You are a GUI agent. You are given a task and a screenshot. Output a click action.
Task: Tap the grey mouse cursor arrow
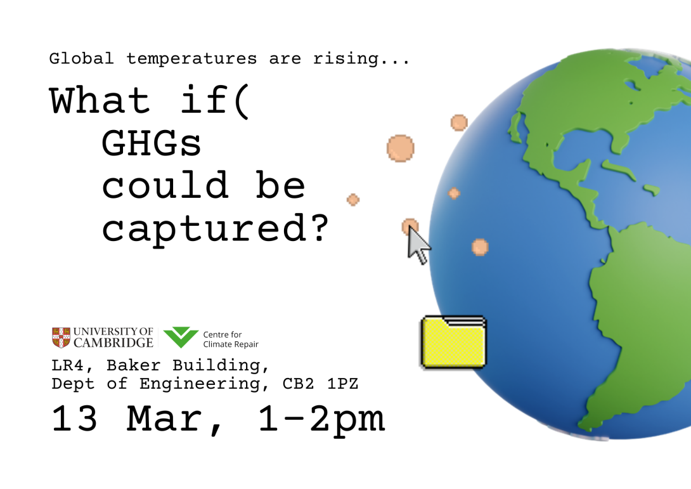(x=417, y=246)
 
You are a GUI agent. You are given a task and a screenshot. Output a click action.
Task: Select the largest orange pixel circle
(x=401, y=148)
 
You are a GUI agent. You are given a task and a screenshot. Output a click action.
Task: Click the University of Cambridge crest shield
(x=61, y=337)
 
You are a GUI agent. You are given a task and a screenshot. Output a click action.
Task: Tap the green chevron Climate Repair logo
(x=181, y=337)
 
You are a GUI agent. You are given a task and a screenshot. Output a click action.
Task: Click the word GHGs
(x=152, y=145)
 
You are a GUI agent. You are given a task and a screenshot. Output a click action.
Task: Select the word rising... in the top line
(x=362, y=59)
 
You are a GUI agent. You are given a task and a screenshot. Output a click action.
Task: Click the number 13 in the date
(x=75, y=419)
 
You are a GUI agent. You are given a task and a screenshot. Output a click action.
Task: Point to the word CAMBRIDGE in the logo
(x=113, y=343)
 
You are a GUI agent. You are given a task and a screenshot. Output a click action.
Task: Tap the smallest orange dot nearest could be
(x=353, y=200)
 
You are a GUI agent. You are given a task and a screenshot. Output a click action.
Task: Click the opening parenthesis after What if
(x=242, y=101)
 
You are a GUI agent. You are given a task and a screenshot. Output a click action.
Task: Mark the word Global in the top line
(x=82, y=59)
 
